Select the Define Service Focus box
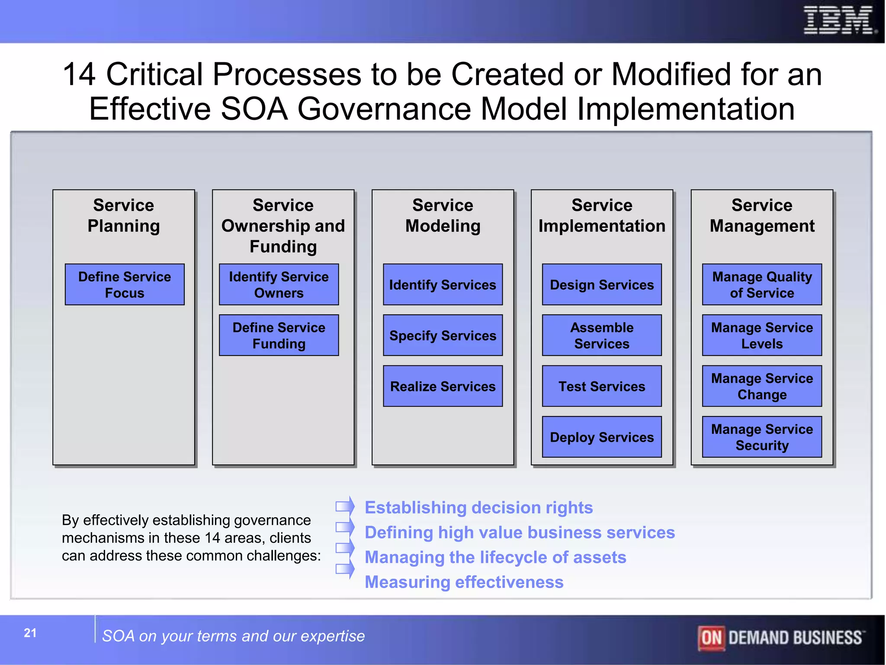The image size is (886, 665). tap(125, 284)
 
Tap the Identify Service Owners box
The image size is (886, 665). tap(279, 284)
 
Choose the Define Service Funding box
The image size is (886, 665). tap(279, 335)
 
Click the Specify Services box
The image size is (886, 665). tap(443, 335)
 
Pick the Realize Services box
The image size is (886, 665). tap(443, 386)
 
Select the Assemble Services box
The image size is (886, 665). tap(602, 335)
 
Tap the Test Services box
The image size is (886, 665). tap(602, 386)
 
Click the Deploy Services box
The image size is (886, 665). tap(602, 437)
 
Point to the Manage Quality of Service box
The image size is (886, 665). tap(762, 284)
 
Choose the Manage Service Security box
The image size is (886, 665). tap(762, 437)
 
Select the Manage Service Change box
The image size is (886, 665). tap(762, 386)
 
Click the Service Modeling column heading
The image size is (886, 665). tap(443, 215)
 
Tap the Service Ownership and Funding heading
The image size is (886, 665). tap(283, 226)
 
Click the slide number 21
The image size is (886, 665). tap(30, 633)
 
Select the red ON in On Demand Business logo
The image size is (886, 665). tap(711, 638)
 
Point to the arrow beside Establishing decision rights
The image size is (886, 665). tap(345, 506)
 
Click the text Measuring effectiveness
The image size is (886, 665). tap(464, 582)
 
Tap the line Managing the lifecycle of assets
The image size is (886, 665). tap(495, 557)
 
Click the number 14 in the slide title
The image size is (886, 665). tap(79, 74)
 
